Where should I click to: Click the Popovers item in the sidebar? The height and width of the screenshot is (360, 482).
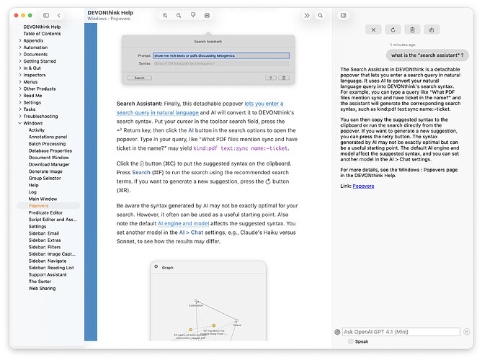[38, 205]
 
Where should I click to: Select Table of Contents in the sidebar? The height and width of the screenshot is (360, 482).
[42, 34]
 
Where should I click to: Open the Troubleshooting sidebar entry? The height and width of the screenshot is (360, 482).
[40, 116]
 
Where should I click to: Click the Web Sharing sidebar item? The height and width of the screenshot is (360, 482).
[42, 288]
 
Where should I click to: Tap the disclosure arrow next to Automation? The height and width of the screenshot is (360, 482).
[19, 48]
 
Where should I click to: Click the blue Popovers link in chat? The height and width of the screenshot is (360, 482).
[363, 186]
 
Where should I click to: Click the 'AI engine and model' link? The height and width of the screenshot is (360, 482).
[183, 224]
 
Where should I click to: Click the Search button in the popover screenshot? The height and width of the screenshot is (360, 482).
[140, 78]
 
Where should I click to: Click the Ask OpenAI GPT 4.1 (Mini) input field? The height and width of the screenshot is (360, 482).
[401, 332]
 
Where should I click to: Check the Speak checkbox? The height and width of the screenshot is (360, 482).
[351, 342]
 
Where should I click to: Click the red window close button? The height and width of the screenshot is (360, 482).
[14, 15]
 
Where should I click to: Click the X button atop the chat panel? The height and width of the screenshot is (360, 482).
[373, 30]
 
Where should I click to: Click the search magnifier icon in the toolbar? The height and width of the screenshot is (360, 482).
[320, 15]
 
